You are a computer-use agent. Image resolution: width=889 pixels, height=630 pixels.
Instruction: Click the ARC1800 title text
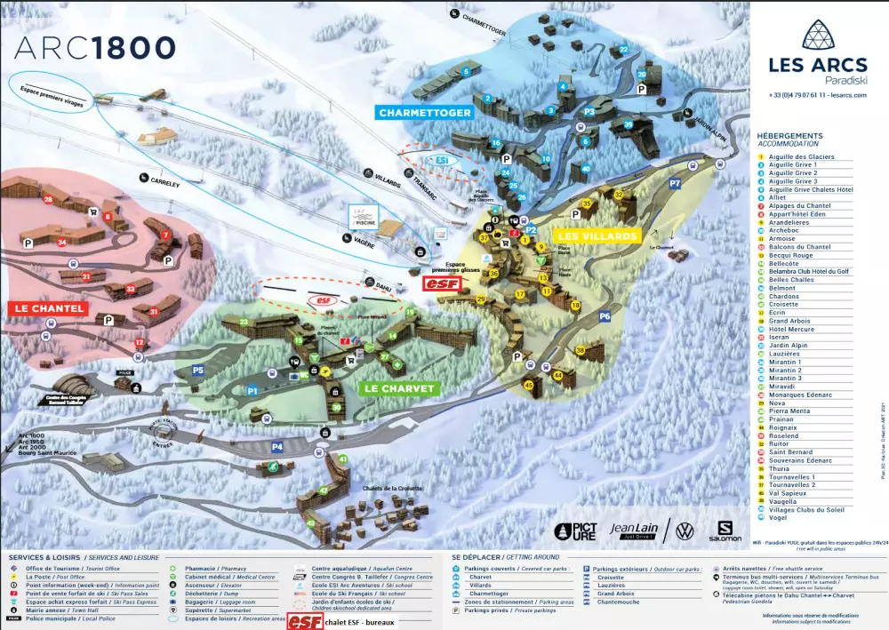click(x=94, y=47)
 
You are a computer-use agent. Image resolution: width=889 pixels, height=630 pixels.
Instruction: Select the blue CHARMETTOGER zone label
click(x=425, y=113)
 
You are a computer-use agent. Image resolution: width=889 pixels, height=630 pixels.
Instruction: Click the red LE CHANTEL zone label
click(x=49, y=308)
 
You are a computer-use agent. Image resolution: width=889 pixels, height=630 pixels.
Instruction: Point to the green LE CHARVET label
click(x=400, y=388)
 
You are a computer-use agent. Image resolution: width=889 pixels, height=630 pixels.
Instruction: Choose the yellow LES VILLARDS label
click(x=597, y=235)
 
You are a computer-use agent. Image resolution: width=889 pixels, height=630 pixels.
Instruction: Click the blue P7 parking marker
click(x=675, y=183)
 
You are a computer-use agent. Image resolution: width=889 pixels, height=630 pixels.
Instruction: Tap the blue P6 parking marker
click(x=605, y=316)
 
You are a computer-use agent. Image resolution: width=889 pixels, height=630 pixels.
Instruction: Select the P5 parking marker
click(x=198, y=370)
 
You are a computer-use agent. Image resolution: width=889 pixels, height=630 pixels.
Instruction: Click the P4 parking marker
click(x=277, y=446)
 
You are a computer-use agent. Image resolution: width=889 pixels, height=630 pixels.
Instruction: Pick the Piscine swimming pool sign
click(x=364, y=214)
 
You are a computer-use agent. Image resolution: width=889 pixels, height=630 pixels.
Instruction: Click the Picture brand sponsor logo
click(x=575, y=531)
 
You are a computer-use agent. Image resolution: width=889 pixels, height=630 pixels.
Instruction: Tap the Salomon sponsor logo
click(x=719, y=531)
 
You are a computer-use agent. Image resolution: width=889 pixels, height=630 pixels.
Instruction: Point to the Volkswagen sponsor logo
click(x=684, y=531)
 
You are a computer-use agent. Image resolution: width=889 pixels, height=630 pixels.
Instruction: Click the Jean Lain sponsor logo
click(x=635, y=530)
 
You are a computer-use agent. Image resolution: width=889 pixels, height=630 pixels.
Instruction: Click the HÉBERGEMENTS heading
click(x=789, y=136)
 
